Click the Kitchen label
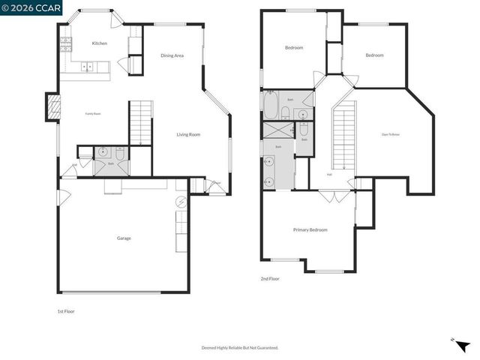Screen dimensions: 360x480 point(100,43)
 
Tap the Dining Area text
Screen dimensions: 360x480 point(172,55)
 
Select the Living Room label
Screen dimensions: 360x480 point(188,134)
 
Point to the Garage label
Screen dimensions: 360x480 point(124,238)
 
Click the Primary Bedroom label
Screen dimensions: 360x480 point(310,229)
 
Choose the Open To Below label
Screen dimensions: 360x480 point(390,134)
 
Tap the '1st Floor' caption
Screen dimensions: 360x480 point(66,311)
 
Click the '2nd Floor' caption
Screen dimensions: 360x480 point(270,278)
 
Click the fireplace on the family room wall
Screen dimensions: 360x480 point(52,107)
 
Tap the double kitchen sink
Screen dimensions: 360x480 point(87,67)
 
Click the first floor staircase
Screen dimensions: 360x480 point(141,122)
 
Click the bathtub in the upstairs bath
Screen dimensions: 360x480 point(271,106)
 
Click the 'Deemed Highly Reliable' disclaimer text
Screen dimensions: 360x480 point(240,347)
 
